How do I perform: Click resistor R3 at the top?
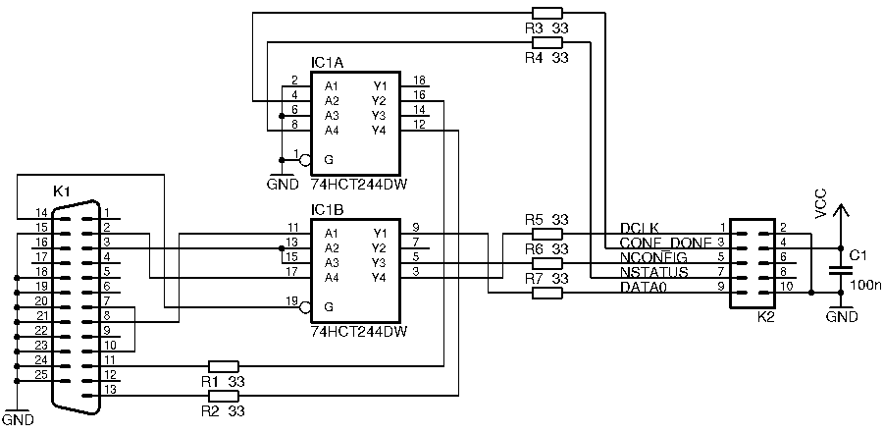545,14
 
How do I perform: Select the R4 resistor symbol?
545,43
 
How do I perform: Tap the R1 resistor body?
225,365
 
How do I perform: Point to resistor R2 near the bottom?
225,395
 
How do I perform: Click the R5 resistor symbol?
546,234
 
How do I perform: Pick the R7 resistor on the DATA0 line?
546,293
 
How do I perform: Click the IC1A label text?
327,62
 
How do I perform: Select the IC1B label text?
327,209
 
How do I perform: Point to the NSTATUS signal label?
653,272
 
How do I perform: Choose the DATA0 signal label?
643,287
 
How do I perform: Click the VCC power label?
821,200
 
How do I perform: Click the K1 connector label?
61,189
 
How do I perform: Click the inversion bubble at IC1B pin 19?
305,307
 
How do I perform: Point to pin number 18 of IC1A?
419,81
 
